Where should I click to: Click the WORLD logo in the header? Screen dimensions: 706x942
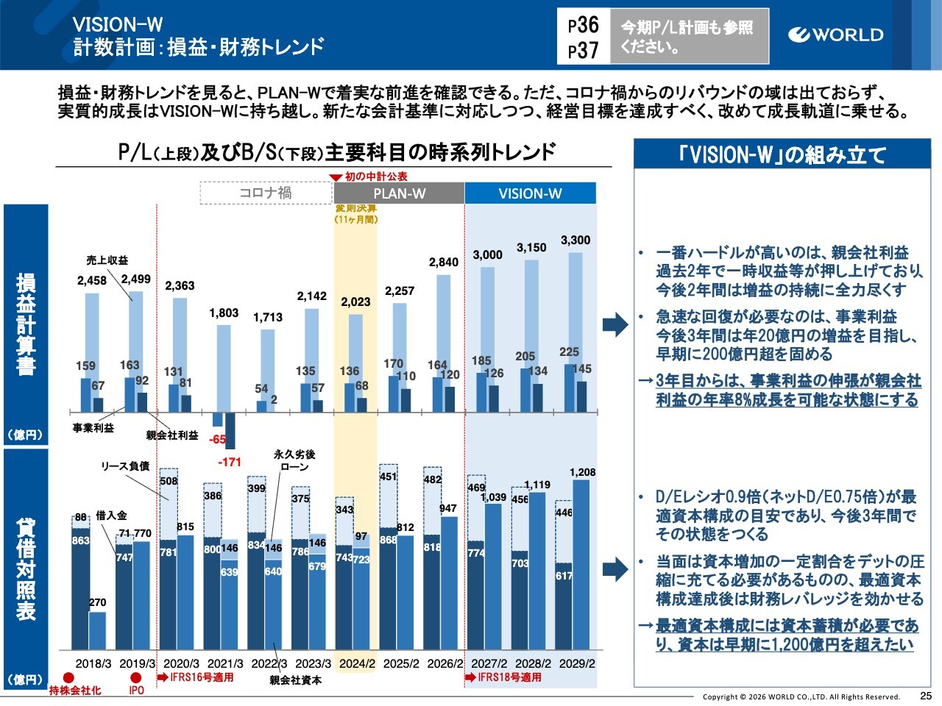835,35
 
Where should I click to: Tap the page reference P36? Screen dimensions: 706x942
584,25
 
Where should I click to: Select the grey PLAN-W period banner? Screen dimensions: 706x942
399,193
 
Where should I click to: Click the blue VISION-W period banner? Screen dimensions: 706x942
530,193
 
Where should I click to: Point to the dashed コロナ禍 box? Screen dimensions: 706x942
266,193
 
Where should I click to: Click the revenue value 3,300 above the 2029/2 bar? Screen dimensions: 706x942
576,240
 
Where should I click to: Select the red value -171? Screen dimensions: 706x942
230,463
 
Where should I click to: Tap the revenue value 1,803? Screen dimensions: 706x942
224,313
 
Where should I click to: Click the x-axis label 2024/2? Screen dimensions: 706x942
357,663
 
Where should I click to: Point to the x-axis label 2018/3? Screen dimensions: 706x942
93,663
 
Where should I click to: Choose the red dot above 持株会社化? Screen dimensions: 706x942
68,677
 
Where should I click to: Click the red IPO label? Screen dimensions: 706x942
137,691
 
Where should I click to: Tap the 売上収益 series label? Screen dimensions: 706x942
107,260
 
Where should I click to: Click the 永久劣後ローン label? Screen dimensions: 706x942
294,460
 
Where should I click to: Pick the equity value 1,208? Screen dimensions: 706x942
582,472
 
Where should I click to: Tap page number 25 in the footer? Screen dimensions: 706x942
926,696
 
